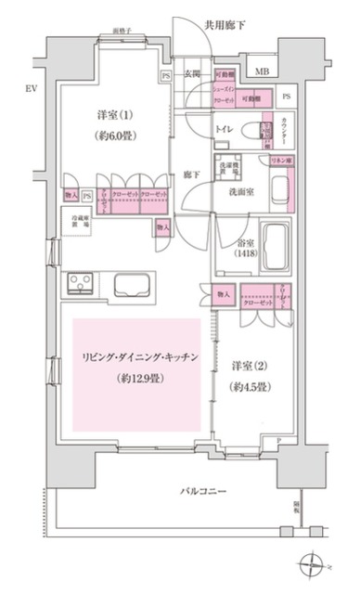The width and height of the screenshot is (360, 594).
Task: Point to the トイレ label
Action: point(224,130)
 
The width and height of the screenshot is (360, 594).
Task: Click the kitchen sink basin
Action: point(135,286)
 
